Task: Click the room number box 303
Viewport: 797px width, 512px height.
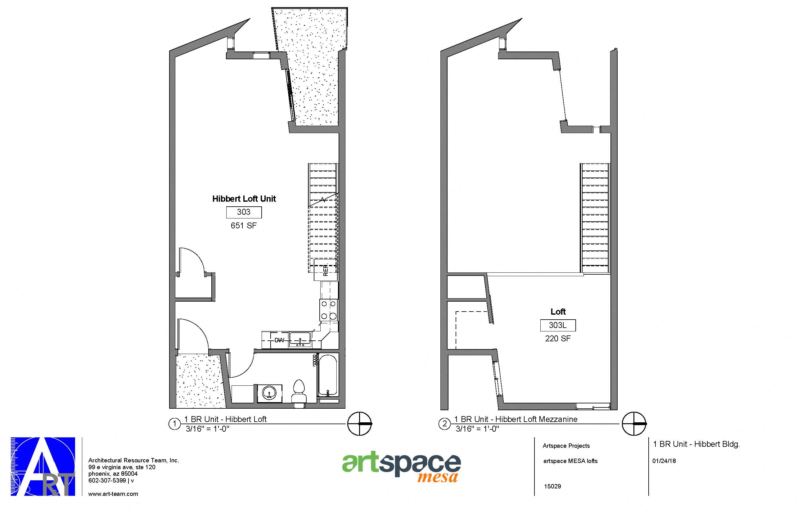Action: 244,212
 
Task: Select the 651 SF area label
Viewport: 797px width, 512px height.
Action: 244,226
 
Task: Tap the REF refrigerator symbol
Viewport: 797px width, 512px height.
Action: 326,270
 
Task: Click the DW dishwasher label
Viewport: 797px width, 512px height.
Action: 279,340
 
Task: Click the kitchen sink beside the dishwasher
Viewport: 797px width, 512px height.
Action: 300,339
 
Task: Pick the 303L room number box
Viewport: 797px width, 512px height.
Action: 558,325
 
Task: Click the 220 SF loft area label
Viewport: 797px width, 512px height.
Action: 558,339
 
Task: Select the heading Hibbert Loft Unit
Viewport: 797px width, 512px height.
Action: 244,199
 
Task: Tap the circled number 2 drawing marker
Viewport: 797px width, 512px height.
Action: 444,424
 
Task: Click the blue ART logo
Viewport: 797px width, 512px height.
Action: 43,466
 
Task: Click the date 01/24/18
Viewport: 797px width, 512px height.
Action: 664,461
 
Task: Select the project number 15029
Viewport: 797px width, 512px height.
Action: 552,486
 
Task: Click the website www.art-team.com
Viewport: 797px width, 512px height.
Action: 113,494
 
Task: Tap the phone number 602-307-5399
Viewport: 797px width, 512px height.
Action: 107,480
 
